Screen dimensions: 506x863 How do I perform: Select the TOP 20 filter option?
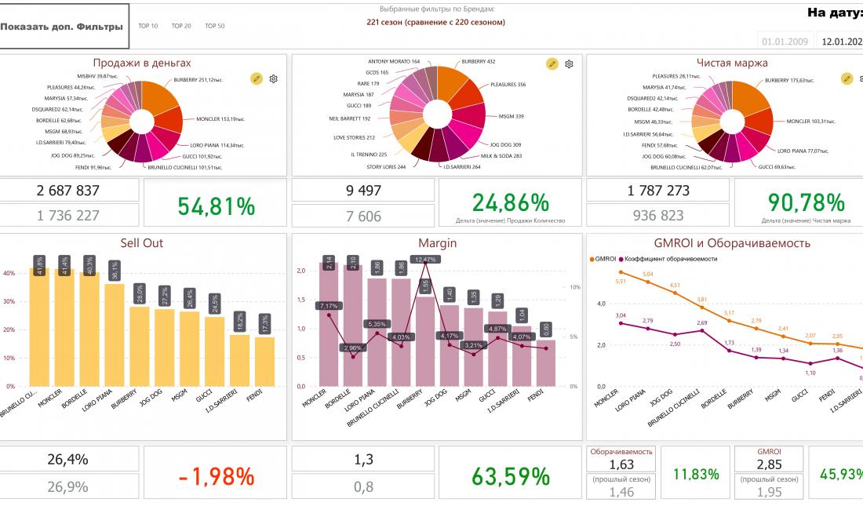coord(181,26)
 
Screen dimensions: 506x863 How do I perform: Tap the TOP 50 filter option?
coord(215,26)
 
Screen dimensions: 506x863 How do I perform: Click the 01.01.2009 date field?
coord(785,41)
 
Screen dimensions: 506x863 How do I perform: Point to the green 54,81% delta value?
coord(216,206)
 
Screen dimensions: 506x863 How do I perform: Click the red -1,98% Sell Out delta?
coord(216,475)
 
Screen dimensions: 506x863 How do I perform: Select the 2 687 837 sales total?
coord(68,190)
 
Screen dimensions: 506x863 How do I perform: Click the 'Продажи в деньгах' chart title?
coord(142,63)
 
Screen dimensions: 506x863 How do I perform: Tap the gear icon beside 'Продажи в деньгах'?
coord(274,78)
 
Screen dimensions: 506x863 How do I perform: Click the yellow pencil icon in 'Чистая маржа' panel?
coord(847,78)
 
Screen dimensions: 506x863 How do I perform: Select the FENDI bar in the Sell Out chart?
coord(264,361)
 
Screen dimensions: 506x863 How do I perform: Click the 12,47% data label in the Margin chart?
coord(426,259)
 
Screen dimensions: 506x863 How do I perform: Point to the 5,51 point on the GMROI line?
coord(621,272)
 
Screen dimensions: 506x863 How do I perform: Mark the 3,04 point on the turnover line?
coord(621,322)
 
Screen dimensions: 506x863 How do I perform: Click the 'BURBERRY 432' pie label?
coord(479,61)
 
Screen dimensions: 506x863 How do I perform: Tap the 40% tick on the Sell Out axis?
coord(11,274)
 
